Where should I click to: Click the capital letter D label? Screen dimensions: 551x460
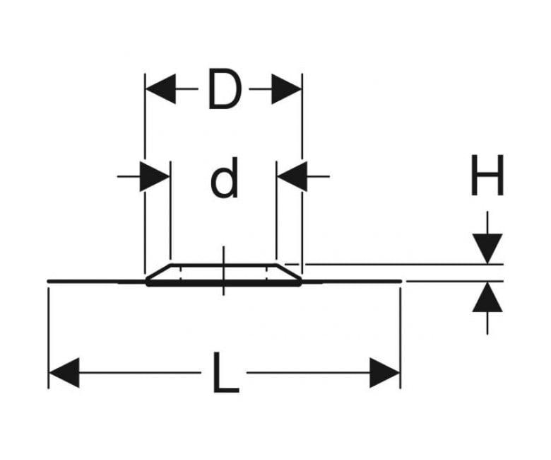pyautogui.click(x=225, y=88)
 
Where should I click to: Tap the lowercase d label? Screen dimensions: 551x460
pyautogui.click(x=224, y=178)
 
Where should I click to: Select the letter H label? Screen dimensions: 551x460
pyautogui.click(x=487, y=175)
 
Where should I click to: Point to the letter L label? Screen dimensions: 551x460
pyautogui.click(x=225, y=372)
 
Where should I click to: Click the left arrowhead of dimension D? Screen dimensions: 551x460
pyautogui.click(x=160, y=88)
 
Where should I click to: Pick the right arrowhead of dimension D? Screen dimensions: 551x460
pyautogui.click(x=286, y=88)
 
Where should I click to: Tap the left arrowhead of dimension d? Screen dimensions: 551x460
pyautogui.click(x=155, y=176)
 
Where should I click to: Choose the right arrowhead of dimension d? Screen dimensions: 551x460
pyautogui.click(x=292, y=176)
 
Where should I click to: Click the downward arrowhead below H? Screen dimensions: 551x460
pyautogui.click(x=487, y=248)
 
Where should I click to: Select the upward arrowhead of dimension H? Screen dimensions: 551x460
pyautogui.click(x=487, y=297)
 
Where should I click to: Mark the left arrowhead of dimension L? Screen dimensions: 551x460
pyautogui.click(x=64, y=373)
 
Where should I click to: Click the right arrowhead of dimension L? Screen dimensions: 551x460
pyautogui.click(x=385, y=373)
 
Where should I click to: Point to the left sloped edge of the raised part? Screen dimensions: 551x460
pyautogui.click(x=158, y=272)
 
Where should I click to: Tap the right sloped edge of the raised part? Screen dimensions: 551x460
pyautogui.click(x=289, y=272)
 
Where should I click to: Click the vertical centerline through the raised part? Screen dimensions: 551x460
pyautogui.click(x=224, y=270)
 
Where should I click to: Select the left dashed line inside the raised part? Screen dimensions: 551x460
pyautogui.click(x=181, y=273)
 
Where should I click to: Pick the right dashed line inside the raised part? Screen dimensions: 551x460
pyautogui.click(x=267, y=273)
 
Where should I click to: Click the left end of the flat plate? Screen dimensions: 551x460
pyautogui.click(x=48, y=281)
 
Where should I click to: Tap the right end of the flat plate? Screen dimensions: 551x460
pyautogui.click(x=401, y=281)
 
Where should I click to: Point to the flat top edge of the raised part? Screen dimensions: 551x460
pyautogui.click(x=224, y=264)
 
